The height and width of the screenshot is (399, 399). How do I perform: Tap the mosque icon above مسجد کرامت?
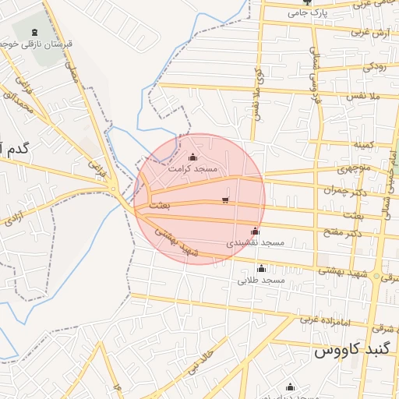click(193, 157)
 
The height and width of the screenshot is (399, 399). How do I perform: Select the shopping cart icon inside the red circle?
click(225, 201)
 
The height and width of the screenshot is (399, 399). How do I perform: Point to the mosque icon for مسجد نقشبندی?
click(255, 231)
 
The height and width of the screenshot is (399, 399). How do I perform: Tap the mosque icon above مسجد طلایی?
click(261, 268)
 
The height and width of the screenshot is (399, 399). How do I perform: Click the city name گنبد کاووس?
click(351, 351)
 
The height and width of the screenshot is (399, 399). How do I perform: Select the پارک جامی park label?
click(305, 12)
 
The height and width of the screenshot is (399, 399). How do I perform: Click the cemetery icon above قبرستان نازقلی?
click(34, 33)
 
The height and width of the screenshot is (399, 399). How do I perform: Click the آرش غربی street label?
click(370, 33)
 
